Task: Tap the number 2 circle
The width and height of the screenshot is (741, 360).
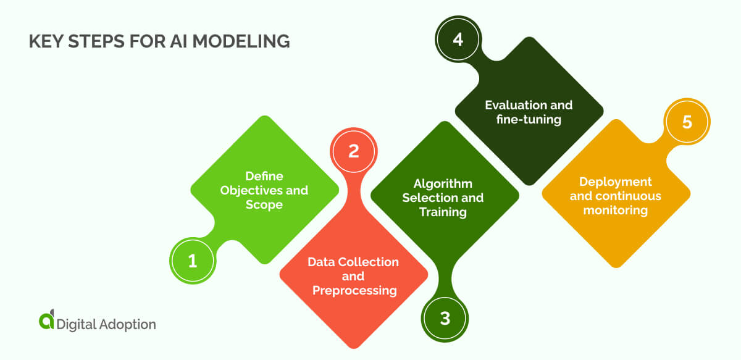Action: tap(353, 151)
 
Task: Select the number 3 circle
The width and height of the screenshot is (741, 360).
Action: tap(445, 319)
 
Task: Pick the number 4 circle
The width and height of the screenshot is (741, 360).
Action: tap(458, 39)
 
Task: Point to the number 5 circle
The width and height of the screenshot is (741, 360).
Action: tap(687, 122)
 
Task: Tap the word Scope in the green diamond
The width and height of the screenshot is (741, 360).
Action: tap(264, 204)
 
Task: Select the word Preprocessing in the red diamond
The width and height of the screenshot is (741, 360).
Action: tap(354, 290)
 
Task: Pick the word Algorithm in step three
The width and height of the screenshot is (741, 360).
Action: tap(443, 184)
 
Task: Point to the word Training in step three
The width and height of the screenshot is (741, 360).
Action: tap(443, 212)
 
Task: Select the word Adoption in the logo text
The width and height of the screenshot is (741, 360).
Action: tap(127, 324)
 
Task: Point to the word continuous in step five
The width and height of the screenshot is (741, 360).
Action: tap(629, 196)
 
